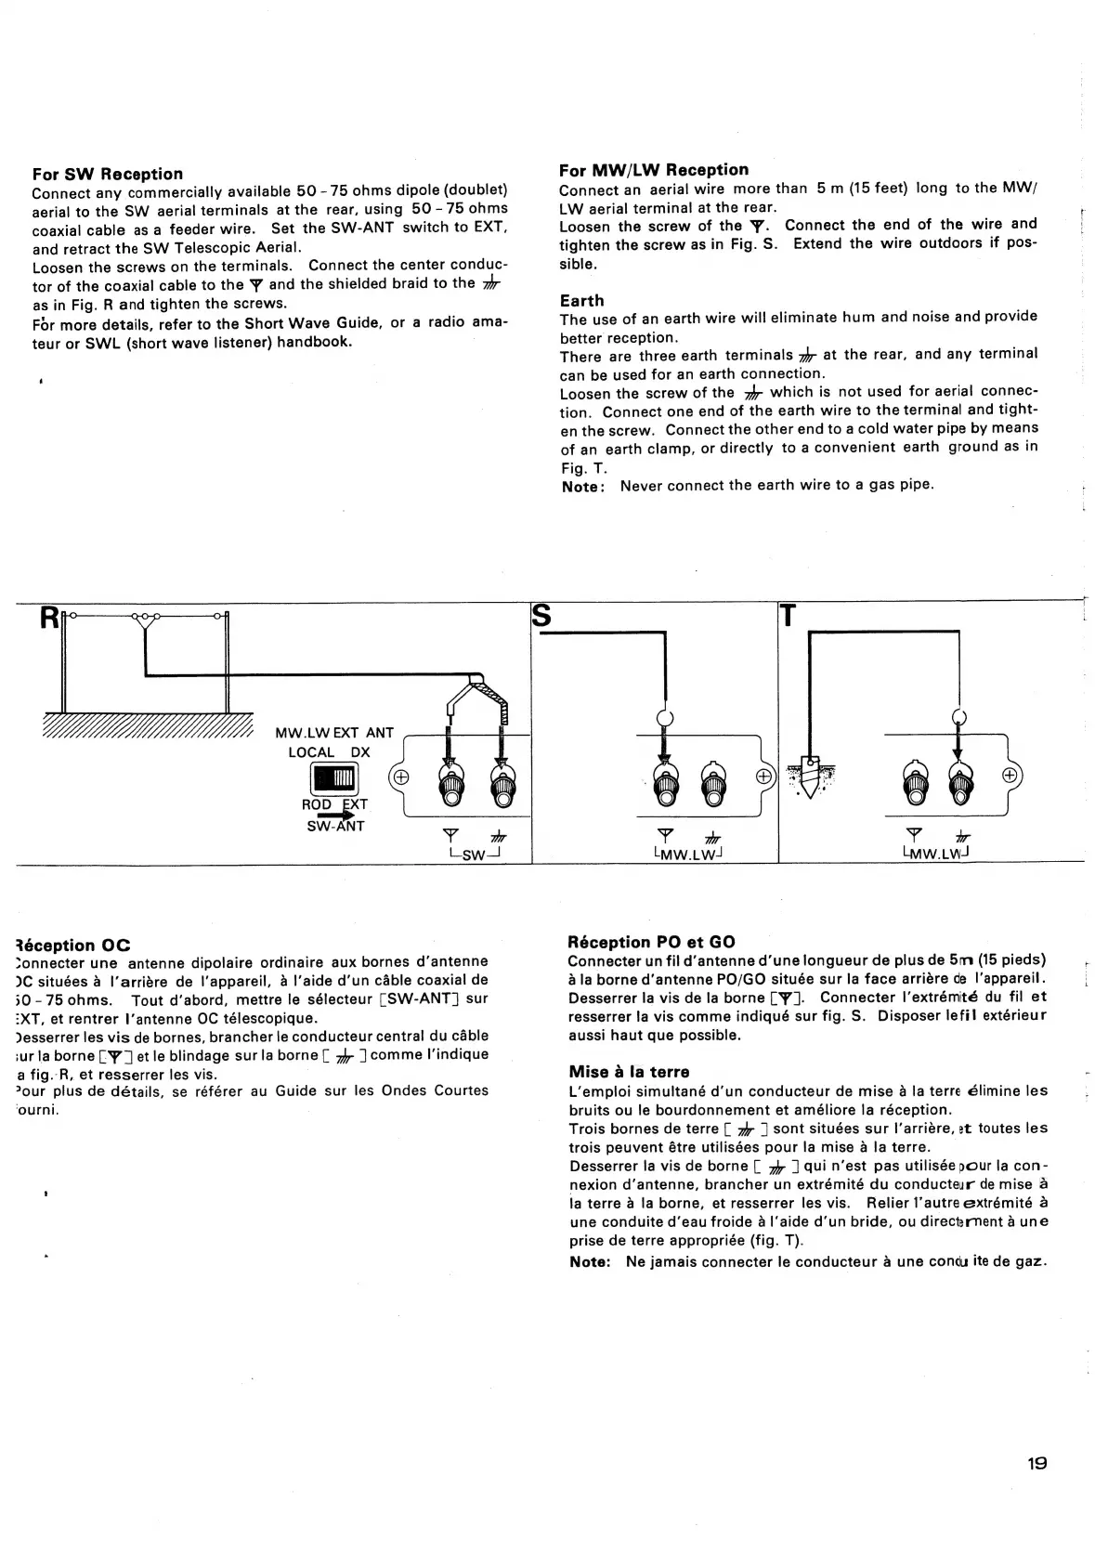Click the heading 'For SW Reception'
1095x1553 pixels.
pos(108,174)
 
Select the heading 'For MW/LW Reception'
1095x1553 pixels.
pos(654,169)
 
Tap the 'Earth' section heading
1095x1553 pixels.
pos(581,300)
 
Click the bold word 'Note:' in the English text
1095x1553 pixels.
pos(584,486)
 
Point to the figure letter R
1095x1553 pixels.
pos(47,618)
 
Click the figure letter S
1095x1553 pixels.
pos(541,617)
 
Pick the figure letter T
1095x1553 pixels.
pos(788,617)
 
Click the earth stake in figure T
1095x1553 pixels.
pos(808,775)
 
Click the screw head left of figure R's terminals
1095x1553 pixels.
pos(400,776)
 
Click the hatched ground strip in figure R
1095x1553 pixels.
pos(149,724)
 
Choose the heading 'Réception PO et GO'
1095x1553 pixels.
pos(652,942)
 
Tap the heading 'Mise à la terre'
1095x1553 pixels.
pos(629,1071)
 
